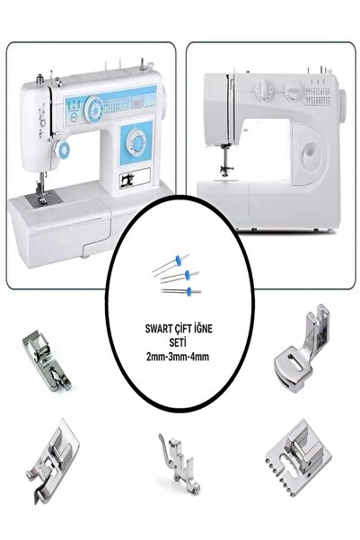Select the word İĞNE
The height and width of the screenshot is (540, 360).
pos(203,329)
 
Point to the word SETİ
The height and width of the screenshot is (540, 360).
pos(178,342)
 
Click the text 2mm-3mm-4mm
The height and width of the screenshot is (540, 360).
pos(177,357)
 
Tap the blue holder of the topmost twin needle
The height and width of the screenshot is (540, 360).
pos(178,261)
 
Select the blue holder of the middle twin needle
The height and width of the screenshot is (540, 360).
pos(188,275)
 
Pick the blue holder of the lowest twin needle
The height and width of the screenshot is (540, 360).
pos(189,292)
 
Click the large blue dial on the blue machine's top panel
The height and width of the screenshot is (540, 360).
pos(94,110)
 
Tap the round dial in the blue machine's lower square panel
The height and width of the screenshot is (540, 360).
pos(136,142)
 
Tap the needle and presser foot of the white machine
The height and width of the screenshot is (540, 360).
pos(226,160)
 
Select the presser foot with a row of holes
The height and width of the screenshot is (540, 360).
pos(299,457)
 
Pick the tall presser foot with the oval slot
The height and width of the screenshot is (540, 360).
pos(302,350)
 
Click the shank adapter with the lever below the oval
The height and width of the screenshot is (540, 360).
pos(180,464)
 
